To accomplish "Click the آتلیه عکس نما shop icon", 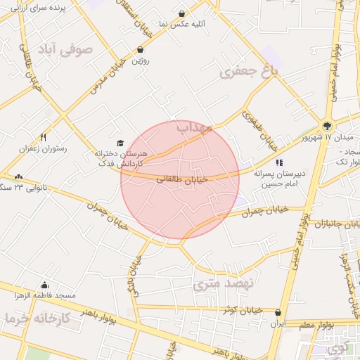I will [182, 13].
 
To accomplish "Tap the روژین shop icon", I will [141, 49].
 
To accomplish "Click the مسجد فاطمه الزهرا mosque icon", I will [45, 285].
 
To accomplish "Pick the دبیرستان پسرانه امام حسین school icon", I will [279, 162].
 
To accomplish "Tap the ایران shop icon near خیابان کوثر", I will [279, 313].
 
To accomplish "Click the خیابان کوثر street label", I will [240, 309].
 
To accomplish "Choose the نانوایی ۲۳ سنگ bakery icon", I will [18, 176].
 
